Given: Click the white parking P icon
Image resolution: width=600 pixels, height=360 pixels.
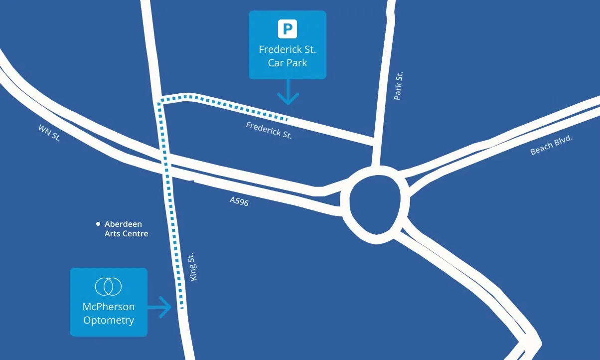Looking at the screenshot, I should click(x=287, y=28).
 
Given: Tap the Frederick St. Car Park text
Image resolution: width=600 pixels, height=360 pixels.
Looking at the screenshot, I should click(x=287, y=56).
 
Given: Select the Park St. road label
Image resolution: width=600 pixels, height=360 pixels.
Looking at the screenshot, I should click(x=398, y=86).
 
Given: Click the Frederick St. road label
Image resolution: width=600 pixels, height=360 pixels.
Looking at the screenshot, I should click(x=269, y=130).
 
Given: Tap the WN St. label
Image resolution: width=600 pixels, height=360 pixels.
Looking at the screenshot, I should click(x=49, y=133).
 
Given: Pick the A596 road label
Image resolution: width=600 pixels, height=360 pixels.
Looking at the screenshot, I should click(x=239, y=201).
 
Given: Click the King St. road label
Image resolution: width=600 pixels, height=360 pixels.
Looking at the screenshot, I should click(x=193, y=267).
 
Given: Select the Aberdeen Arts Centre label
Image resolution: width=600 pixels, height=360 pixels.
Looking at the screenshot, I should click(x=126, y=229).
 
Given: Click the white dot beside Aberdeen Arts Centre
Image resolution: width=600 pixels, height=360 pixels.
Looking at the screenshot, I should click(x=98, y=224).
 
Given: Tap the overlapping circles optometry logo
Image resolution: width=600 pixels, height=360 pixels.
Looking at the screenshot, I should click(x=108, y=286).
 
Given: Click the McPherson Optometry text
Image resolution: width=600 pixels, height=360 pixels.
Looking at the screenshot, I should click(x=109, y=313).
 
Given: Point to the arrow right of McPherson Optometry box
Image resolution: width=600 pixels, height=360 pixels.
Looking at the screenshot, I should click(x=160, y=307).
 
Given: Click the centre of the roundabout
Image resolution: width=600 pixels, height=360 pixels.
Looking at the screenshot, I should click(x=375, y=205).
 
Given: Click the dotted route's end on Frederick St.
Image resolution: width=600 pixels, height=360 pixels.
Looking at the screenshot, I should click(x=287, y=119).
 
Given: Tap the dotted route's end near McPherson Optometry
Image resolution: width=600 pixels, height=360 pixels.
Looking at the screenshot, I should click(x=181, y=308).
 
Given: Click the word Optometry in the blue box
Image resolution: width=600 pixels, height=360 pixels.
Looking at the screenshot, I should click(x=109, y=320).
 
